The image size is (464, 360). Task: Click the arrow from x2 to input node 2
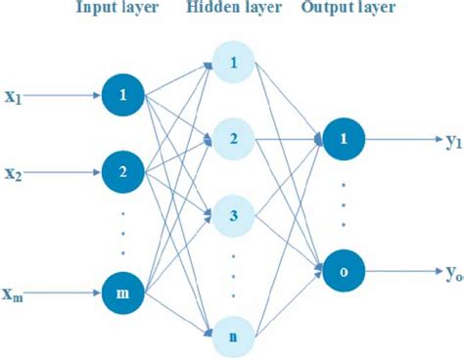[x=64, y=172]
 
